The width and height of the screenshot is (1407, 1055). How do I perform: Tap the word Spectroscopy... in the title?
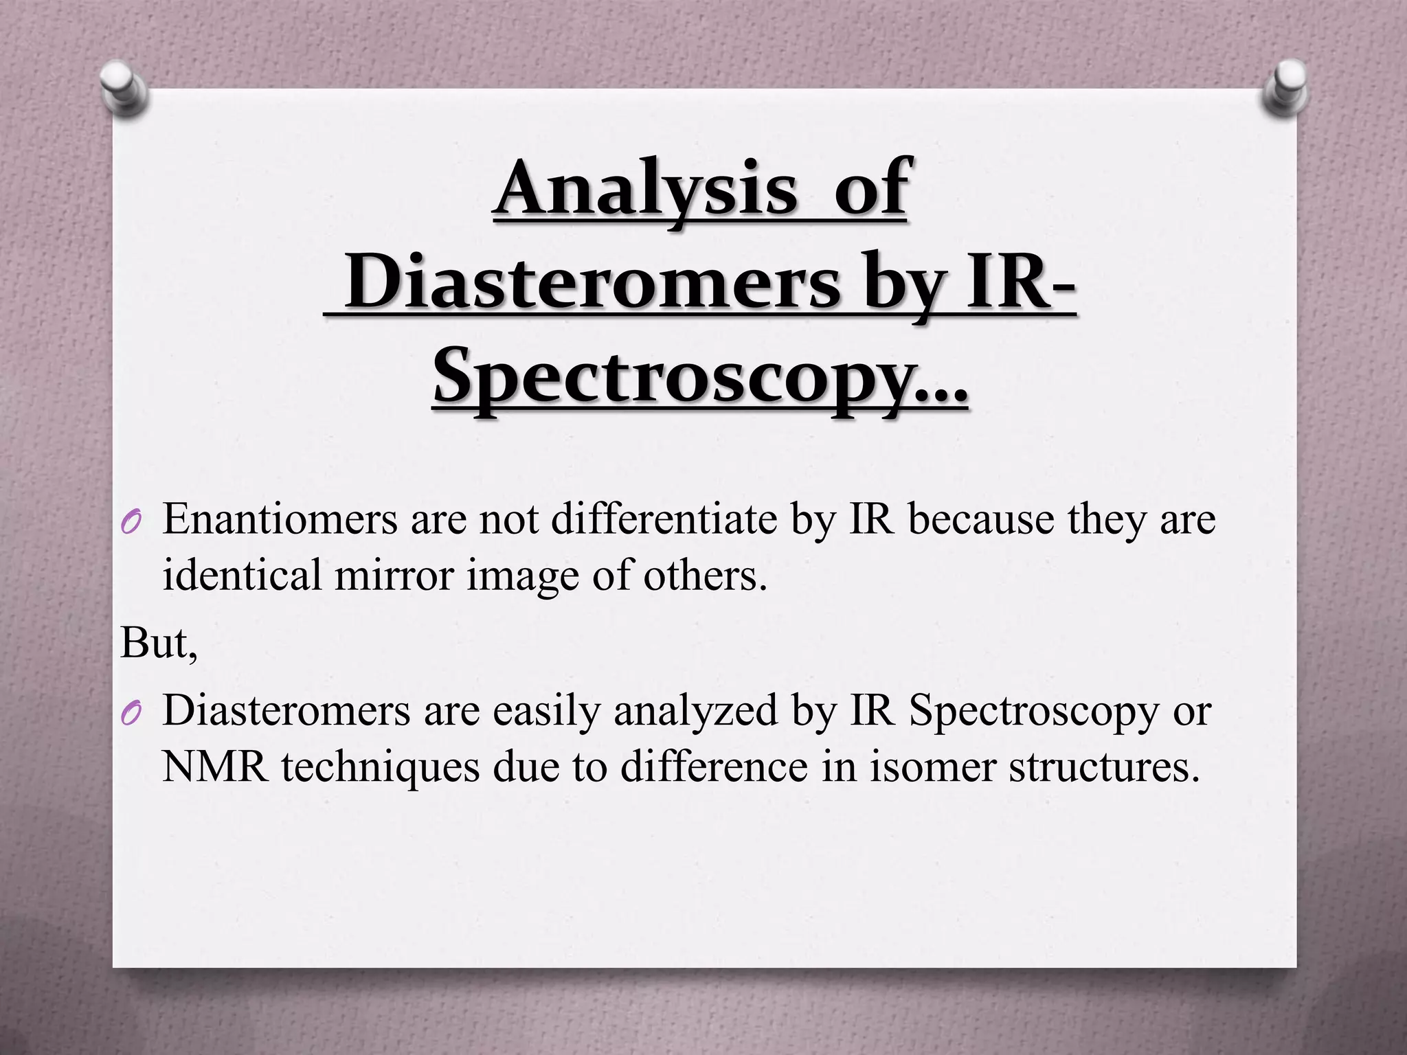(700, 377)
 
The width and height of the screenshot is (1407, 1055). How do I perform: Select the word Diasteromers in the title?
(592, 283)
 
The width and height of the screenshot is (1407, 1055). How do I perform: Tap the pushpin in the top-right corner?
(1283, 87)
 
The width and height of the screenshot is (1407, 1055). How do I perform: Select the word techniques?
(380, 767)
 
